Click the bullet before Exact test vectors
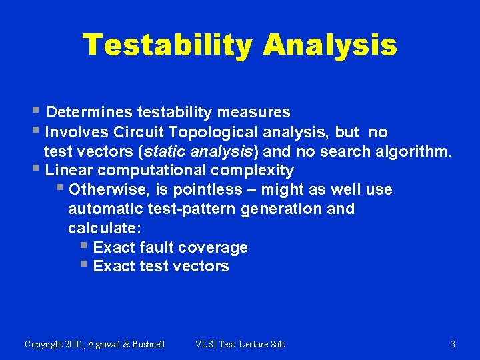point(83,265)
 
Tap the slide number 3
point(453,344)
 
